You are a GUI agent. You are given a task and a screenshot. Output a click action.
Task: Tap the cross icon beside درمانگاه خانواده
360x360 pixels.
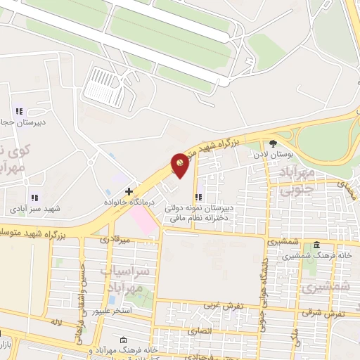coord(129,191)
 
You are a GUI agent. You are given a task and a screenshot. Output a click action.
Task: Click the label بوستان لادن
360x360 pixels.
coord(291,153)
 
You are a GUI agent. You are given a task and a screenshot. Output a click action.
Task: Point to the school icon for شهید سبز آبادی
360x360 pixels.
coord(33,198)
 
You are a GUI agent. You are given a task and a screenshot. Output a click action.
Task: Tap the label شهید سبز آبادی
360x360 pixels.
coord(33,210)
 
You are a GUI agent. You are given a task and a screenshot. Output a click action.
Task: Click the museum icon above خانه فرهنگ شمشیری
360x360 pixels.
coord(317,245)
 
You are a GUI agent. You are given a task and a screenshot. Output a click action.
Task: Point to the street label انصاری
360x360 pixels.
coord(200,330)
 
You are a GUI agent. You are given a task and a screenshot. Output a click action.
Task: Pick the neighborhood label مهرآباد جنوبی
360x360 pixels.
coord(290,180)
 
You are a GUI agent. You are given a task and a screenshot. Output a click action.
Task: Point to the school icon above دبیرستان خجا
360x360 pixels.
coord(18,110)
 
